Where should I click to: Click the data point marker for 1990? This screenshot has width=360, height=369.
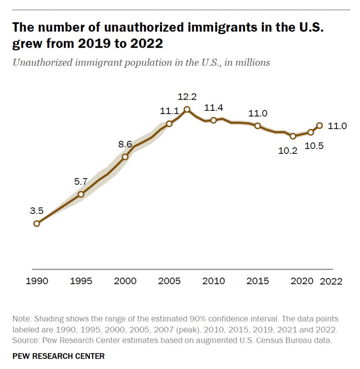(37, 223)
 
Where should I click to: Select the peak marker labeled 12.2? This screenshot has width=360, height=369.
(187, 109)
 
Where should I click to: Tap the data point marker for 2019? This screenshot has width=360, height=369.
(293, 136)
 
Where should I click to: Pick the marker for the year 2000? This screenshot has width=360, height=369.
(125, 156)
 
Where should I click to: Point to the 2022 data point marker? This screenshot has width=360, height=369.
(319, 125)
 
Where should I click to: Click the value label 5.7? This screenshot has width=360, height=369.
(81, 181)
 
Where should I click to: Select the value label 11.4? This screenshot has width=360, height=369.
(214, 108)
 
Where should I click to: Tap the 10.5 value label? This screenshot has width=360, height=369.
(315, 145)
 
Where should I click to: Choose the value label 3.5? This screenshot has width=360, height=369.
(37, 211)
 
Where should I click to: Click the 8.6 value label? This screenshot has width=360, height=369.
(125, 144)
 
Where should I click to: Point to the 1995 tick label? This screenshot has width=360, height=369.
(81, 281)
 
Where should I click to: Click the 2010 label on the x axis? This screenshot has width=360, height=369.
(214, 281)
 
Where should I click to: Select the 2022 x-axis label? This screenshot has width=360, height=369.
(331, 282)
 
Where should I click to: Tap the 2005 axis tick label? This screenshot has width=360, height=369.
(169, 281)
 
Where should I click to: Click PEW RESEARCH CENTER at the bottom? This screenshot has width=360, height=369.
(59, 356)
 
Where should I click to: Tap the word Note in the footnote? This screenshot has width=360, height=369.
(21, 319)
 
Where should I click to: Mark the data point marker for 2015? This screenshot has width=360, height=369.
(258, 126)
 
